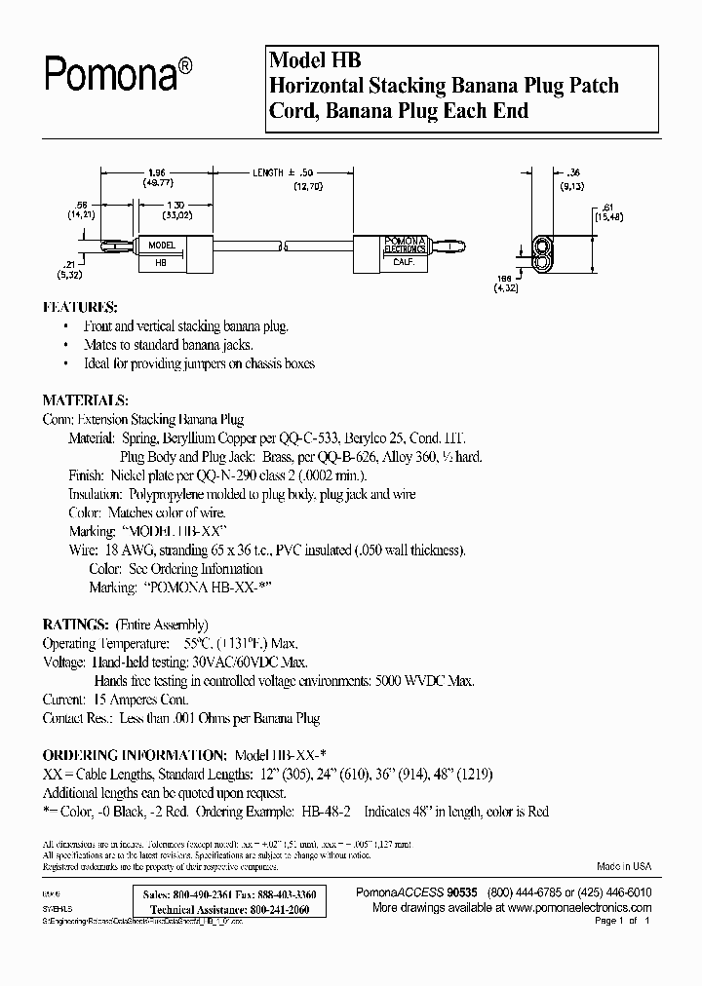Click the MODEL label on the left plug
(161, 246)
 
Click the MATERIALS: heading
(85, 400)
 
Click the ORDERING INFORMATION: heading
(134, 755)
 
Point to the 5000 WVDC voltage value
(411, 681)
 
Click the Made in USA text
(624, 866)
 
